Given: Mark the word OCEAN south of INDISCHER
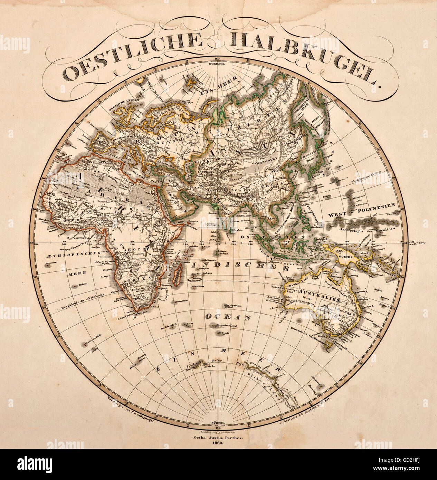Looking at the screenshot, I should [x=228, y=317].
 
